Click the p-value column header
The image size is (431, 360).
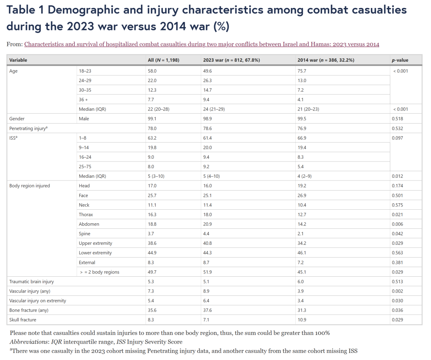pyautogui.click(x=400, y=60)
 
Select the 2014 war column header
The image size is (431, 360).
pyautogui.click(x=326, y=60)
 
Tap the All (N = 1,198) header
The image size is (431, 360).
pyautogui.click(x=164, y=60)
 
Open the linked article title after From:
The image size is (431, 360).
pyautogui.click(x=202, y=44)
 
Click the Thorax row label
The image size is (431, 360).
pyautogui.click(x=86, y=214)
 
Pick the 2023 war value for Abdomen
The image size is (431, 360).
pyautogui.click(x=208, y=224)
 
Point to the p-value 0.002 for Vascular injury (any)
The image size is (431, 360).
pyautogui.click(x=397, y=291)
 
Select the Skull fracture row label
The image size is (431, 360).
pyautogui.click(x=23, y=320)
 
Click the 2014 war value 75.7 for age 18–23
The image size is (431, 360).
pyautogui.click(x=302, y=71)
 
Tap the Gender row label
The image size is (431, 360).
pyautogui.click(x=17, y=119)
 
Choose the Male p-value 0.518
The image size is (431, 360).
pyautogui.click(x=397, y=119)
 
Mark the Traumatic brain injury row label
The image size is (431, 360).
pyautogui.click(x=32, y=281)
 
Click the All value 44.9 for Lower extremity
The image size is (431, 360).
pyautogui.click(x=152, y=253)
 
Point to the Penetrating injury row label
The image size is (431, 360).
pyautogui.click(x=28, y=128)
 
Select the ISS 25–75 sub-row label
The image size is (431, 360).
pyautogui.click(x=85, y=166)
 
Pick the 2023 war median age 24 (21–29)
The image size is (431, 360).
pyautogui.click(x=214, y=109)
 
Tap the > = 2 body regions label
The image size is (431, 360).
pyautogui.click(x=99, y=272)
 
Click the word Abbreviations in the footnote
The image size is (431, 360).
pyautogui.click(x=29, y=342)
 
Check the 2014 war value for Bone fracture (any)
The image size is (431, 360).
pyautogui.click(x=302, y=310)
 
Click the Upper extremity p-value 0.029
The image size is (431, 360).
pyautogui.click(x=397, y=243)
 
